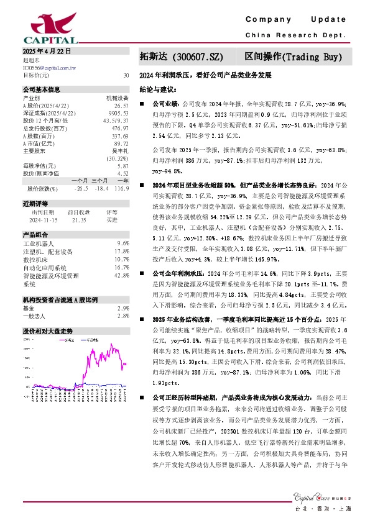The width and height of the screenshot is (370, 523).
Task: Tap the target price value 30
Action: [126, 75]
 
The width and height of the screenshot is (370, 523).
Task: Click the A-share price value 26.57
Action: [121, 106]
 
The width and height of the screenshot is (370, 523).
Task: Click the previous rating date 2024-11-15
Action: [42, 219]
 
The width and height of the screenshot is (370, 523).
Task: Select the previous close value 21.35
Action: [79, 219]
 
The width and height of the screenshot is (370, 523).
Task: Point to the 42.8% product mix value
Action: [122, 275]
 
